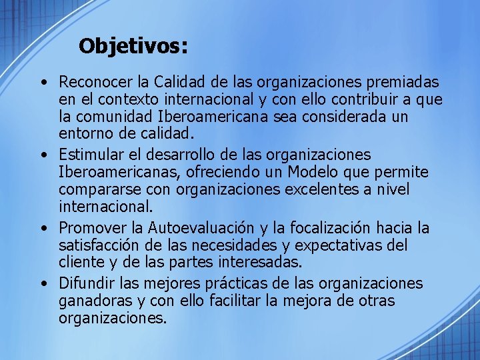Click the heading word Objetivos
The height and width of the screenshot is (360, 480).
coord(133,46)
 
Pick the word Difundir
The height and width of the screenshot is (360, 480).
coord(87,284)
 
